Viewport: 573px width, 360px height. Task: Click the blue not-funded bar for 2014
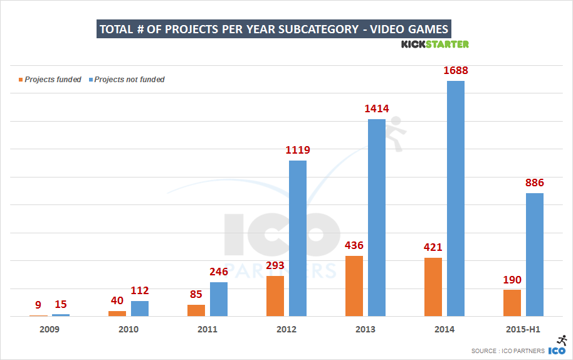click(x=456, y=198)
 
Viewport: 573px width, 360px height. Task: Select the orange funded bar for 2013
click(x=354, y=286)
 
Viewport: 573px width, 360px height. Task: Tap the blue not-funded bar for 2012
click(x=298, y=238)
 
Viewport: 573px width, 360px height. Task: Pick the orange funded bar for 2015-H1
click(x=512, y=303)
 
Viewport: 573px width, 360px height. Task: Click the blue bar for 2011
click(x=219, y=299)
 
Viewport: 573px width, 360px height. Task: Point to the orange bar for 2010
click(x=117, y=314)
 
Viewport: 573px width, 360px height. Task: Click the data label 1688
click(x=456, y=70)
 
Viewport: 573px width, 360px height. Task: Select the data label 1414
click(x=377, y=109)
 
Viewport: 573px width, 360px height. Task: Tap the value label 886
click(x=535, y=183)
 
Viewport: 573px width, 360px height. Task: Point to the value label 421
click(x=433, y=246)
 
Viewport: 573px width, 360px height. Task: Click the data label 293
click(x=275, y=265)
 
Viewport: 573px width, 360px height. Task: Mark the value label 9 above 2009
click(x=38, y=305)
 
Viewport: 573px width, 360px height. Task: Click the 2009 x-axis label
click(x=50, y=329)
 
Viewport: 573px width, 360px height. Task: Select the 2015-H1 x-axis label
click(x=523, y=329)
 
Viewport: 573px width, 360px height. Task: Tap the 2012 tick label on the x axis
click(x=286, y=329)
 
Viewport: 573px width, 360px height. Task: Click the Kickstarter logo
click(x=434, y=44)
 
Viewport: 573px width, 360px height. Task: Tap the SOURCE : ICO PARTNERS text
click(x=508, y=351)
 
